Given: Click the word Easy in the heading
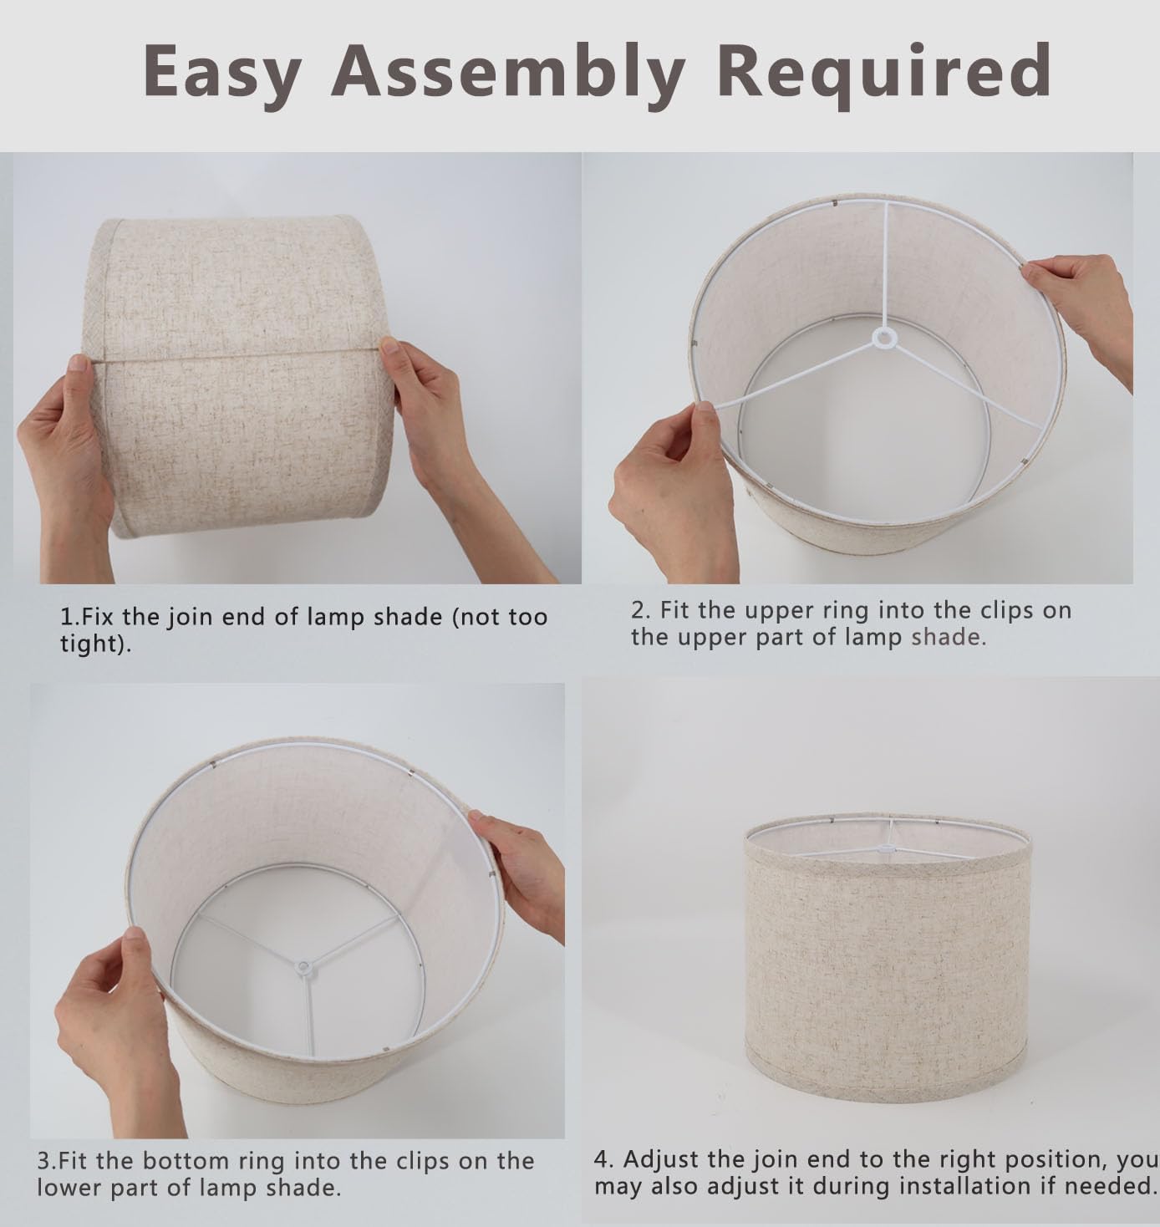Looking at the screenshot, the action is pyautogui.click(x=222, y=73).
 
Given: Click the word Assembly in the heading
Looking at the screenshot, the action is pyautogui.click(x=508, y=73).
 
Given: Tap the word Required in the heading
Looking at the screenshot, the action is pyautogui.click(x=884, y=73).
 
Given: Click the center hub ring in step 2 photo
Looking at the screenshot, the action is pyautogui.click(x=883, y=339).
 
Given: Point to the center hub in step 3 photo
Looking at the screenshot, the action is pyautogui.click(x=304, y=967).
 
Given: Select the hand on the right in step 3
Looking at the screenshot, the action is pyautogui.click(x=521, y=873).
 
